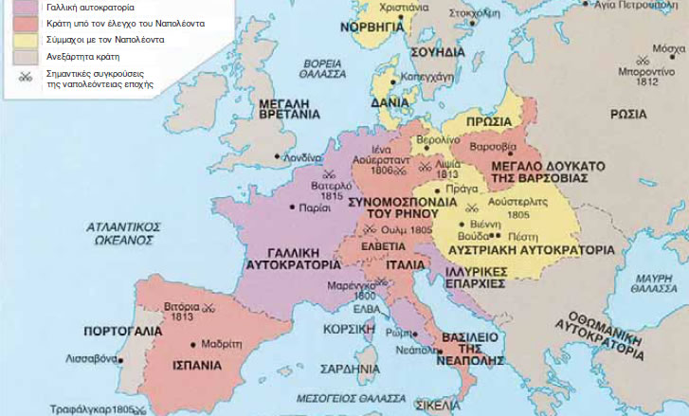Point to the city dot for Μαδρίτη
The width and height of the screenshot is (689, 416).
pos(194,344)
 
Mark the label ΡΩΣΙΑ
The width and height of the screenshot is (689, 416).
pos(628,114)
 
